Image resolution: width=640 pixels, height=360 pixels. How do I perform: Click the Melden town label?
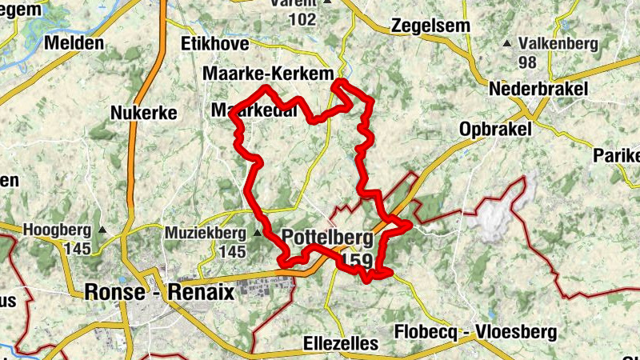coord(75,43)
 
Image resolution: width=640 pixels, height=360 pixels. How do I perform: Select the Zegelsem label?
coord(430,26)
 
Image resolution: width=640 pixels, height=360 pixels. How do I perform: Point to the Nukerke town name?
coord(144,114)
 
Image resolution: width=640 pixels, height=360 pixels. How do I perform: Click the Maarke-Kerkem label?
coord(268,74)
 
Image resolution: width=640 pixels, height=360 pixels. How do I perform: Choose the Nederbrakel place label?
coord(540,89)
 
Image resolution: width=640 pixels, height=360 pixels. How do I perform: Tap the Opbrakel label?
coord(496,130)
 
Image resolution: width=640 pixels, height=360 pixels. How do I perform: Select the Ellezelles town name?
coord(341,344)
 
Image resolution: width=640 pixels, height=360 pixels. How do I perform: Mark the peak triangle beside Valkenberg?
coord(506,43)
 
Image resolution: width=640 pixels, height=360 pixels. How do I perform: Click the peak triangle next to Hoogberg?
coord(102,231)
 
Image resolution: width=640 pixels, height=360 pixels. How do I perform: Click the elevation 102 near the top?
coord(302,19)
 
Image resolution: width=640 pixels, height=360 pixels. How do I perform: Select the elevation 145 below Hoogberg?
coord(78,250)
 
